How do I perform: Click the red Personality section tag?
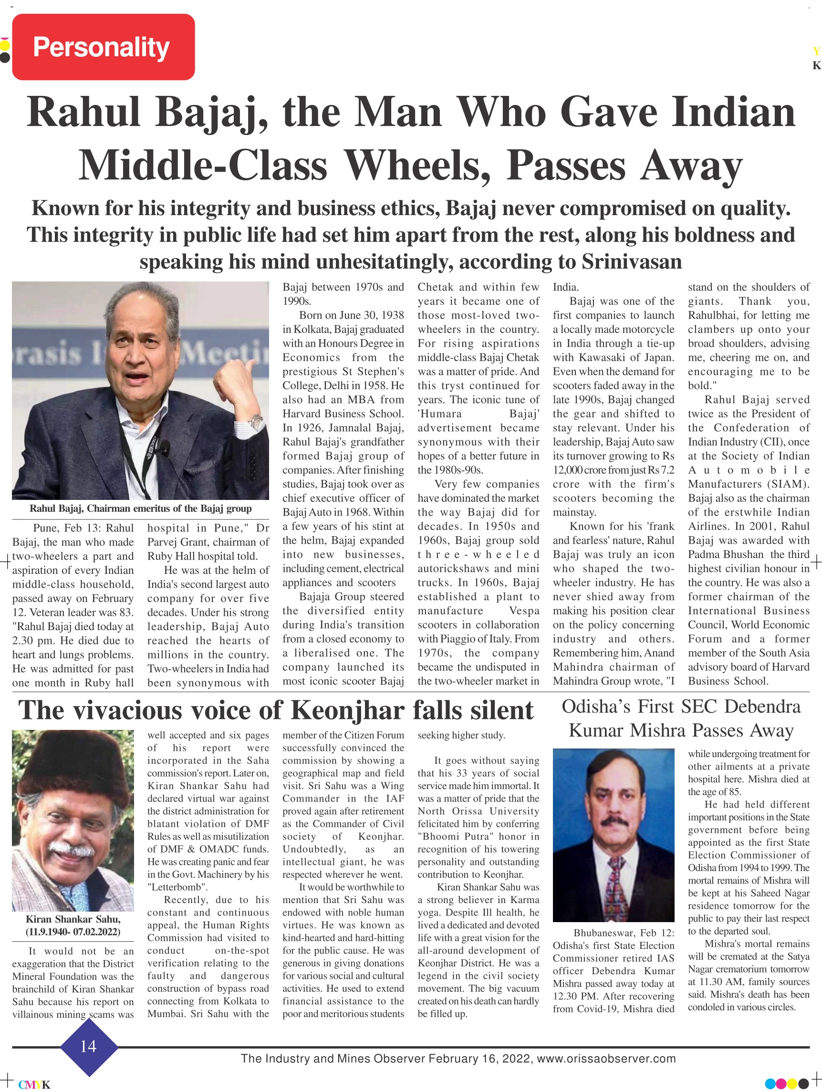103,47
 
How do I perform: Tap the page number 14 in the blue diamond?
88,1046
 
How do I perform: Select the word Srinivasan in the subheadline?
632,262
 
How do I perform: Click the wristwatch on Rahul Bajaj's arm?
255,422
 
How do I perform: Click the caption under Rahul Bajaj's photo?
141,509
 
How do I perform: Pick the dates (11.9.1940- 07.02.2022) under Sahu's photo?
73,932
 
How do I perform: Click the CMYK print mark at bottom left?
34,1085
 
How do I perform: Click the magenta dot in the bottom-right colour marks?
781,1083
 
